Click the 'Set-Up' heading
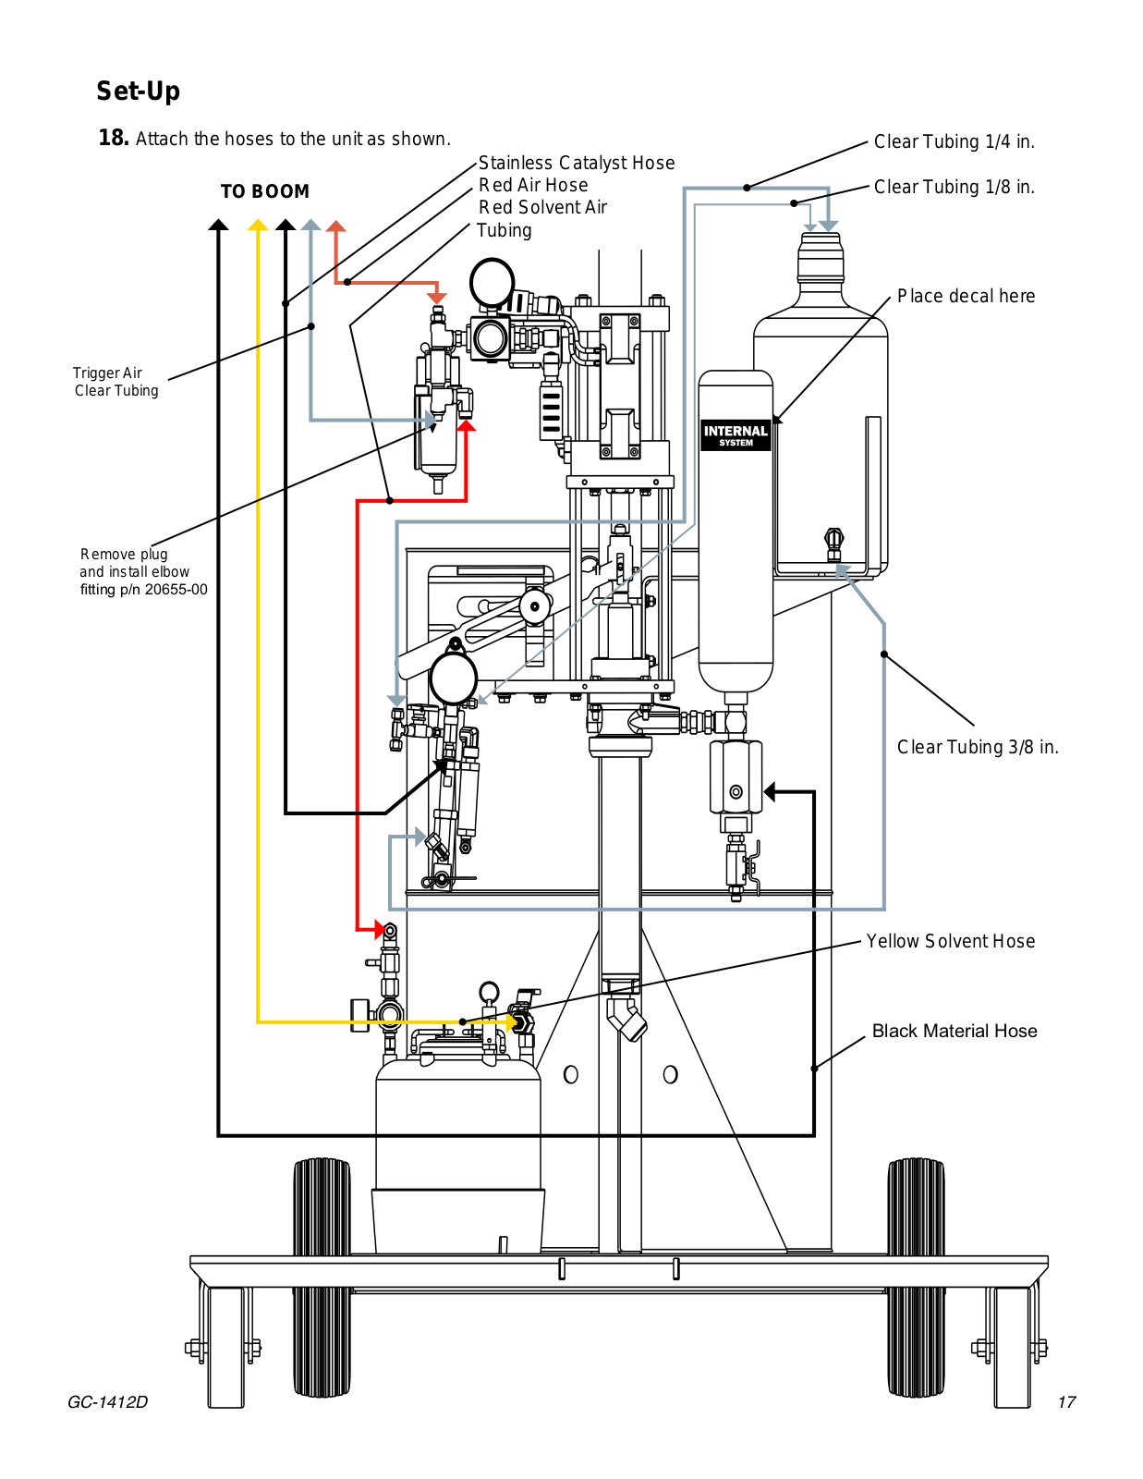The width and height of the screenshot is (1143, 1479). click(x=138, y=91)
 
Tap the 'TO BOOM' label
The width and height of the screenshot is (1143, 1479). click(x=264, y=191)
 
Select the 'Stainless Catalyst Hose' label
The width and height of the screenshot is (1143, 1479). click(x=577, y=163)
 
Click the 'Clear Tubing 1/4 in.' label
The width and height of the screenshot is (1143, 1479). click(x=954, y=141)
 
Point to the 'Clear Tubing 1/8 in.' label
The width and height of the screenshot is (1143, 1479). click(x=954, y=187)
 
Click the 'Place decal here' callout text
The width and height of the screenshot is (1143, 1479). click(x=967, y=296)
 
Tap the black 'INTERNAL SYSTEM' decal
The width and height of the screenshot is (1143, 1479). click(x=736, y=435)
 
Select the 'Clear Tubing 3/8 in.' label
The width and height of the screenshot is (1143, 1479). click(x=978, y=747)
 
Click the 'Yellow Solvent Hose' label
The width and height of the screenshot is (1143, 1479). click(x=951, y=941)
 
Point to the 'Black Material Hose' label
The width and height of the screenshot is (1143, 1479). click(x=955, y=1031)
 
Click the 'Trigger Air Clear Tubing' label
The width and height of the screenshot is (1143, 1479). click(x=116, y=382)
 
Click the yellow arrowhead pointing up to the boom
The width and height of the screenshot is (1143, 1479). click(x=258, y=226)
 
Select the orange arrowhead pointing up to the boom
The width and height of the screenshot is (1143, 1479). click(x=336, y=226)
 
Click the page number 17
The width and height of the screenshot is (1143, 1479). click(x=1067, y=1402)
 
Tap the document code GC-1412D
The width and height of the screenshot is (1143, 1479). click(x=107, y=1402)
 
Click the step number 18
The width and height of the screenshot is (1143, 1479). click(x=113, y=138)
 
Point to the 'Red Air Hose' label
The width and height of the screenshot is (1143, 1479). click(x=533, y=185)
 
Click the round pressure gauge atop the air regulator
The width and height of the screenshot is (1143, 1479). click(x=492, y=283)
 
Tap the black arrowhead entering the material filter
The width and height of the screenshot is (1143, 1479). click(x=770, y=791)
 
